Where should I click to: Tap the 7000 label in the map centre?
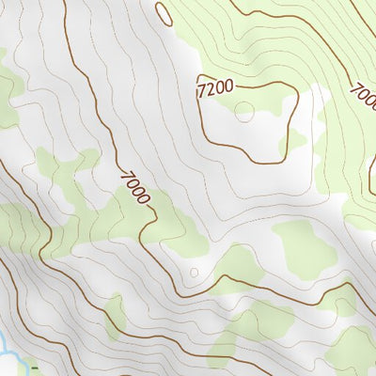(135, 187)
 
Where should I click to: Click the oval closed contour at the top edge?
(164, 13)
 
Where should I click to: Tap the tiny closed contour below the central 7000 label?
(195, 273)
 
